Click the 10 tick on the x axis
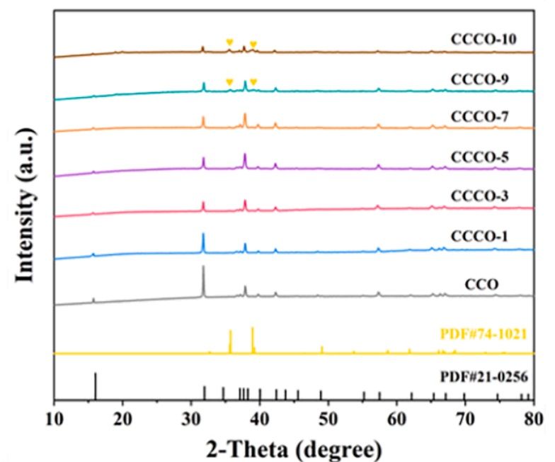pos(55,416)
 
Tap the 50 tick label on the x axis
pos(328,416)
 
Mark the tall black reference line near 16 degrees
pos(95,385)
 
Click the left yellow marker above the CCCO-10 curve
pos(229,43)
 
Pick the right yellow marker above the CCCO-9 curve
pos(253,82)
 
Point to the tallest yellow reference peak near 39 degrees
pos(252,337)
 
